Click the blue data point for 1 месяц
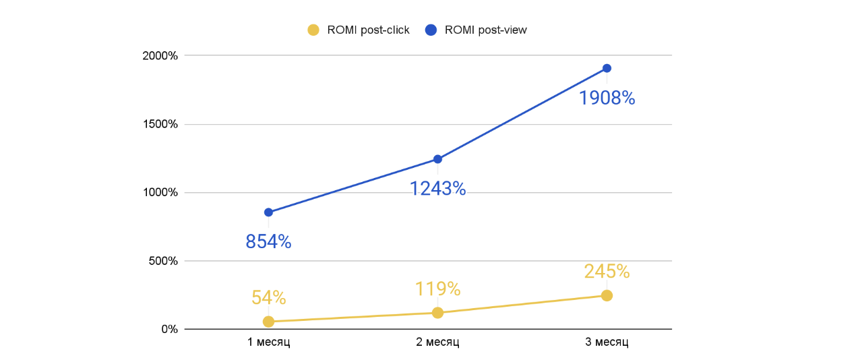pyautogui.click(x=268, y=212)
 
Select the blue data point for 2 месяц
pyautogui.click(x=437, y=159)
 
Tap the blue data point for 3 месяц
pyautogui.click(x=607, y=68)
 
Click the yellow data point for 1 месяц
pyautogui.click(x=268, y=322)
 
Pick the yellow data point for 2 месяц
pyautogui.click(x=437, y=313)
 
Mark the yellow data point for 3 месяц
pyautogui.click(x=607, y=295)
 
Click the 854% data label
pyautogui.click(x=268, y=242)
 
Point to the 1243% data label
pyautogui.click(x=437, y=189)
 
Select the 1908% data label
pyautogui.click(x=607, y=98)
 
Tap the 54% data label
pyautogui.click(x=268, y=297)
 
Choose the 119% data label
pyautogui.click(x=437, y=289)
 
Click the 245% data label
pyautogui.click(x=607, y=272)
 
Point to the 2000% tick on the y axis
pyautogui.click(x=160, y=55)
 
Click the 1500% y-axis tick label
pyautogui.click(x=160, y=124)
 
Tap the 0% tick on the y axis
pyautogui.click(x=169, y=329)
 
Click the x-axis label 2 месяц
pyautogui.click(x=437, y=342)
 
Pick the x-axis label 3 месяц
pyautogui.click(x=607, y=342)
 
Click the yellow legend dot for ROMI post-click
pyautogui.click(x=313, y=30)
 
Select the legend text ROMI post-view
pyautogui.click(x=485, y=30)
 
